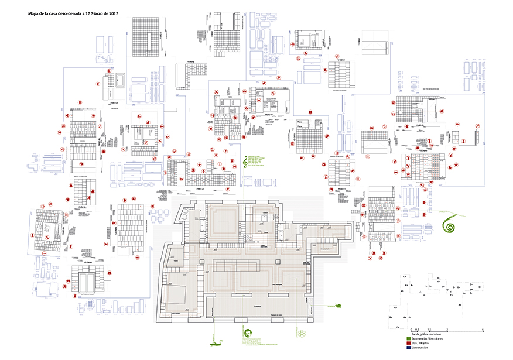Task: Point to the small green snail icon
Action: (337, 306)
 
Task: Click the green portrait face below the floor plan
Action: (248, 334)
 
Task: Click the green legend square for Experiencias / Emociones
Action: (409, 339)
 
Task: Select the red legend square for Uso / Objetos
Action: (409, 344)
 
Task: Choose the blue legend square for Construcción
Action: (409, 348)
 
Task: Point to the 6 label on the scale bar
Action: (483, 330)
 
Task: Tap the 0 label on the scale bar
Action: (411, 330)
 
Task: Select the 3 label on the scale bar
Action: (447, 330)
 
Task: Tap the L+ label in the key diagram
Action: (405, 276)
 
